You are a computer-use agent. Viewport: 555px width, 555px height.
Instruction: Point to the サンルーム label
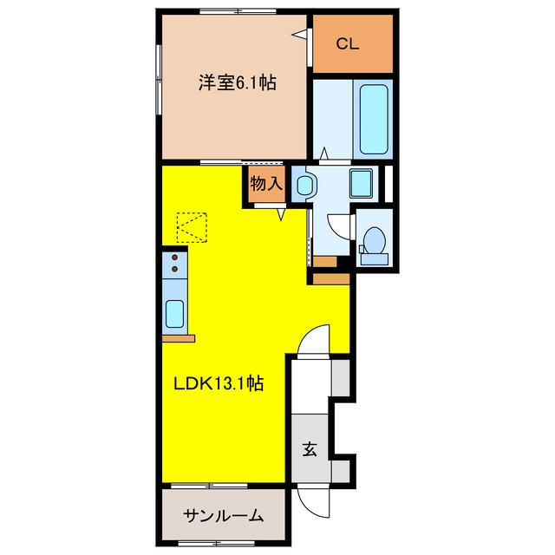tap(223, 516)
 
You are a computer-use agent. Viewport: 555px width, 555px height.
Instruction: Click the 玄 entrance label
tap(309, 449)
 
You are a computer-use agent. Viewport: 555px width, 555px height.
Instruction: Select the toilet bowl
tap(375, 241)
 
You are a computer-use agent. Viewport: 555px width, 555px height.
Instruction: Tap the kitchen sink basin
tap(174, 313)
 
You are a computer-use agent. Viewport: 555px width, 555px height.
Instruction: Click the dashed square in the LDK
tap(193, 228)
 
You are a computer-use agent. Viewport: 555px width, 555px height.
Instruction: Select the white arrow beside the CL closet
tap(300, 34)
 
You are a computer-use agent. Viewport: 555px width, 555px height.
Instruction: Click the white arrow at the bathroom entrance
tap(323, 154)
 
